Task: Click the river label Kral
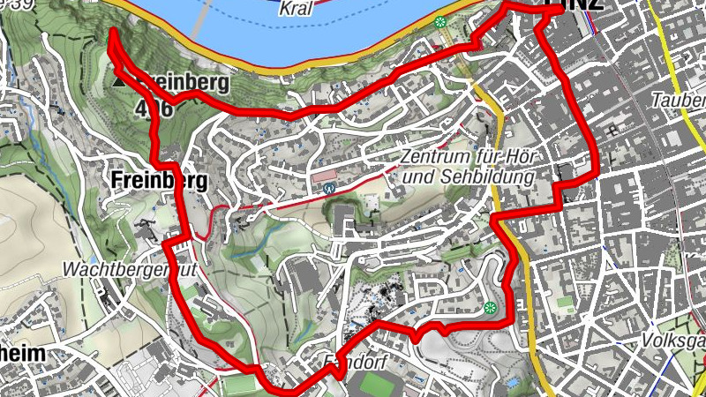tap(296, 10)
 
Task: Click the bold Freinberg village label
tap(160, 181)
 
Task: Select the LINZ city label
tap(575, 5)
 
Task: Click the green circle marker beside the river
tap(439, 22)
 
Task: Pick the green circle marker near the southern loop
tap(490, 308)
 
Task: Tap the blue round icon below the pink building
tap(329, 188)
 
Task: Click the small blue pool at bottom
tap(513, 381)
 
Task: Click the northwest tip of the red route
tap(113, 34)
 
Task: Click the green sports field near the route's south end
tap(237, 386)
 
